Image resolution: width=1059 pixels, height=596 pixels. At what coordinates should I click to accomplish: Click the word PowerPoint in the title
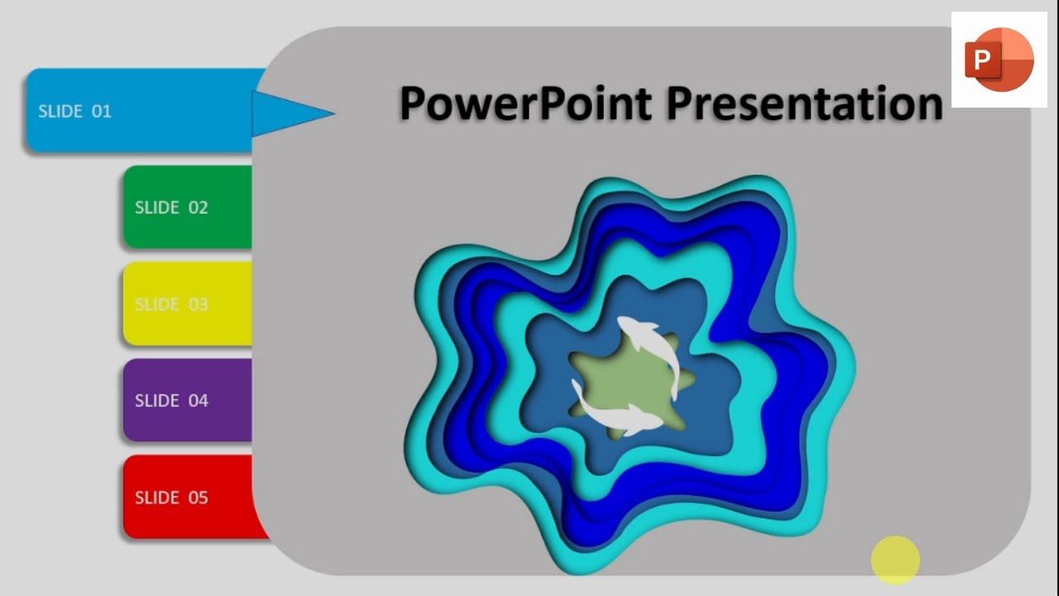526,104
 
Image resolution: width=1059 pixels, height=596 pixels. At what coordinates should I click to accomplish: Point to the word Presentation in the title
804,104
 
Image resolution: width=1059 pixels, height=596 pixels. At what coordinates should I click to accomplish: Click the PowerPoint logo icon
999,60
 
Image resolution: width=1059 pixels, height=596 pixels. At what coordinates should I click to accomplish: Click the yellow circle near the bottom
895,560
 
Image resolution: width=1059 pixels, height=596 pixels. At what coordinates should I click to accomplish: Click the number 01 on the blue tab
101,111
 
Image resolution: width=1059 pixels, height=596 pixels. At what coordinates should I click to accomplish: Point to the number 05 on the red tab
198,497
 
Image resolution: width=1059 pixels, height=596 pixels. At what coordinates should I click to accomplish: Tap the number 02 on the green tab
198,207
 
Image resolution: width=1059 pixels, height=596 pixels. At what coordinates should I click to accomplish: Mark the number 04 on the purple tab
198,401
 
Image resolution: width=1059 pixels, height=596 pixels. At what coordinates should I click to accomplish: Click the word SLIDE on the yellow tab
156,304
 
